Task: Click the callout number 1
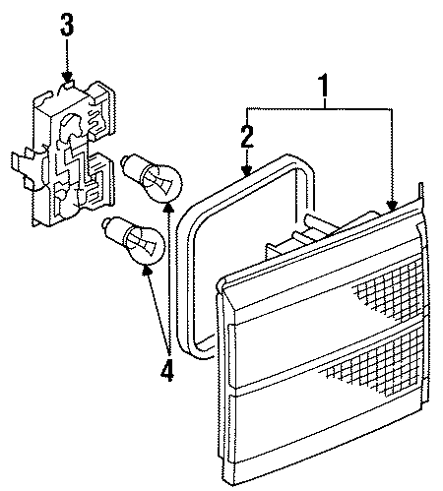pos(324,90)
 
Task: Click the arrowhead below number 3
pos(67,76)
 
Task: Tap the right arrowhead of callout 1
pos(394,206)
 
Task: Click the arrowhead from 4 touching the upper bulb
pos(168,207)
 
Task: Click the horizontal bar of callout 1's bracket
pos(320,106)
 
